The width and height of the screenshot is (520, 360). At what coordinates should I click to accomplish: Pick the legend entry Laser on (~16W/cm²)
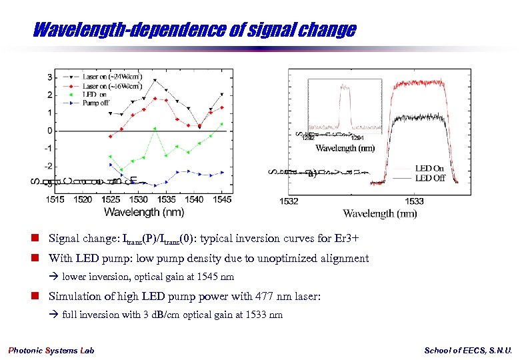pos(111,86)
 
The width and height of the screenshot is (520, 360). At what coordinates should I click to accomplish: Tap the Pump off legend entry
pos(97,104)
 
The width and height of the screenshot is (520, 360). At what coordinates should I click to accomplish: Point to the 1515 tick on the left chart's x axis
pos(55,199)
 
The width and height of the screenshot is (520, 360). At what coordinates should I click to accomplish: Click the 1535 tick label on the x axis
pos(167,199)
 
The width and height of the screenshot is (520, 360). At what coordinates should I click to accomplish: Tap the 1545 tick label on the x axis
pos(222,199)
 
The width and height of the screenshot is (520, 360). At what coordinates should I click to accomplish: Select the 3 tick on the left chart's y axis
pos(49,77)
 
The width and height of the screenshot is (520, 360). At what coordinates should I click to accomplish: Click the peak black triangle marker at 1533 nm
pos(155,81)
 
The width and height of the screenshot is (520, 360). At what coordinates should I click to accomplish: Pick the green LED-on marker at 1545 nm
pos(221,124)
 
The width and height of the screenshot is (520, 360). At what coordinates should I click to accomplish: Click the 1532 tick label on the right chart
pos(289,201)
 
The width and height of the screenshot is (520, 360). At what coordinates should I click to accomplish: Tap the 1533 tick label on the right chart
pos(414,201)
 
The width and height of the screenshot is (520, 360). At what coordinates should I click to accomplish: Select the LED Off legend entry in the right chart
pos(429,178)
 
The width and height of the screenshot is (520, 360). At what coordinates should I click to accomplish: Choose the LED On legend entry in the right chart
pos(429,169)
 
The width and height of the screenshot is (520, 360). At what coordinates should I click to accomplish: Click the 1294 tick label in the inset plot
pos(357,138)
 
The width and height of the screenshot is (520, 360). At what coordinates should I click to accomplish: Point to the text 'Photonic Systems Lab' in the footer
pos(51,351)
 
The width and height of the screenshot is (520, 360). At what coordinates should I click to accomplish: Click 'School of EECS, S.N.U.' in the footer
pos(468,351)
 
